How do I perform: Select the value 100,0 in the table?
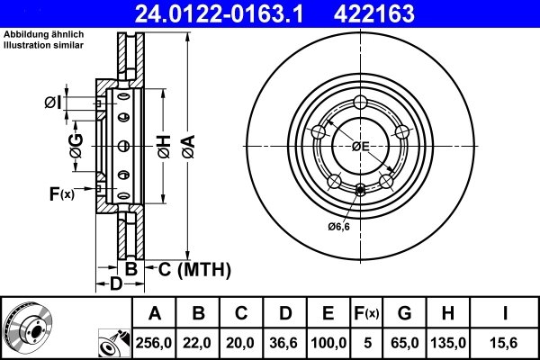pyautogui.click(x=328, y=341)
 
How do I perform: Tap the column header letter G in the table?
pyautogui.click(x=405, y=313)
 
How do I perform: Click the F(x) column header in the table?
pyautogui.click(x=366, y=313)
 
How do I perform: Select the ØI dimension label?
pyautogui.click(x=53, y=103)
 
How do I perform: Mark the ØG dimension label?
pyautogui.click(x=76, y=145)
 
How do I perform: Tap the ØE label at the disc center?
pyautogui.click(x=361, y=146)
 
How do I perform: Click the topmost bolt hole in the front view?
pyautogui.click(x=361, y=101)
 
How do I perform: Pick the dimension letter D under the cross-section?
pyautogui.click(x=115, y=285)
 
